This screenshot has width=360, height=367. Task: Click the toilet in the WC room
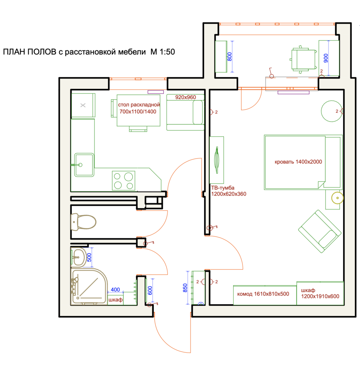click(83, 221)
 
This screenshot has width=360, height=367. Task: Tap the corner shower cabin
click(89, 287)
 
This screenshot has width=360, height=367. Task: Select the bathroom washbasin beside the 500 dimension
click(78, 258)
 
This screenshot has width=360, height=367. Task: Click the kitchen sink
click(84, 165)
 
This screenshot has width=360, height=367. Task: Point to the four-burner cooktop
click(123, 181)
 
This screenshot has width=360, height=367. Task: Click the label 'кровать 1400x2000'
click(298, 162)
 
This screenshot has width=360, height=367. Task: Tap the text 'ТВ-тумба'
click(223, 188)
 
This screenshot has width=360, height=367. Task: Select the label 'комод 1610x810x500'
click(263, 294)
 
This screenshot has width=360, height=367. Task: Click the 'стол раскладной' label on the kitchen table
click(139, 105)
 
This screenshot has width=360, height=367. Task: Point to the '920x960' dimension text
click(186, 97)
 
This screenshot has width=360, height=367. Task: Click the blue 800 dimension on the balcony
click(230, 57)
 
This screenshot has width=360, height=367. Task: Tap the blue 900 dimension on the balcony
click(326, 58)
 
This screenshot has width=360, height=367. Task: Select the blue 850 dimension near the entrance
click(185, 288)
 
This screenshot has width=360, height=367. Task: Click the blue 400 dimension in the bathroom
click(115, 290)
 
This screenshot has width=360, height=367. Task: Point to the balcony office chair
click(303, 59)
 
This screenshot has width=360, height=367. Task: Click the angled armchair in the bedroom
click(320, 231)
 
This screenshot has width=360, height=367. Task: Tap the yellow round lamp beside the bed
click(337, 198)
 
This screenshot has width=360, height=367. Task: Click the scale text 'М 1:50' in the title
click(163, 52)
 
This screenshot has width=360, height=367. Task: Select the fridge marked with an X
click(83, 105)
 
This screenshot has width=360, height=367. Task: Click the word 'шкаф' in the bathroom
click(115, 300)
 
